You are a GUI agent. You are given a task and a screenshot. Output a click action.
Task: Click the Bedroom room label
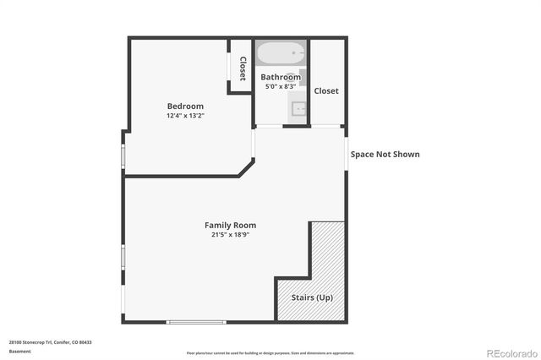pos(185,106)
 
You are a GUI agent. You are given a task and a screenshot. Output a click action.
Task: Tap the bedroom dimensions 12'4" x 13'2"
pos(185,116)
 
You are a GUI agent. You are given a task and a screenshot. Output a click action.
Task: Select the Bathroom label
pos(280,77)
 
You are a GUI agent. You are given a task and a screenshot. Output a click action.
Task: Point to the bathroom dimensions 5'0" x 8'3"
pos(280,86)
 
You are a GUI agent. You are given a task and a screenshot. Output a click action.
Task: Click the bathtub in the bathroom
pos(281,55)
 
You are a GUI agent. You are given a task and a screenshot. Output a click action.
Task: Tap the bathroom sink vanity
pos(297,108)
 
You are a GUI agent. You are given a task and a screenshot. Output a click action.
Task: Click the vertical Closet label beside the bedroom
pos(243,68)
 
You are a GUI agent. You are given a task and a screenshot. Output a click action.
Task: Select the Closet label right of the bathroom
pos(326,90)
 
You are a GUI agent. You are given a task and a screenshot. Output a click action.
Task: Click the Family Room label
pos(230,225)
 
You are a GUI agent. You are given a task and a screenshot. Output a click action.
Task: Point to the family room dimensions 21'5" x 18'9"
pos(230,235)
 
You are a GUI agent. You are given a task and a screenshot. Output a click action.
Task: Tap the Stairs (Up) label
pos(311,298)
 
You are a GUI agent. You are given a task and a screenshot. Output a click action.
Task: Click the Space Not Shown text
pos(385,155)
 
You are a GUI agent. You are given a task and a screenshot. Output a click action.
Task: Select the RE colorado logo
pos(509,352)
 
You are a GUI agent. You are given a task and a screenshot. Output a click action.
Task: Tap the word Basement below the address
pos(19,351)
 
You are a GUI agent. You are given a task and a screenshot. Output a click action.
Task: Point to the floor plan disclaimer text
pos(270,353)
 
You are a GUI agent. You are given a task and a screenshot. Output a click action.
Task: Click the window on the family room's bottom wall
pos(196,322)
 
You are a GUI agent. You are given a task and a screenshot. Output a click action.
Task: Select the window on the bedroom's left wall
pos(123,155)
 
